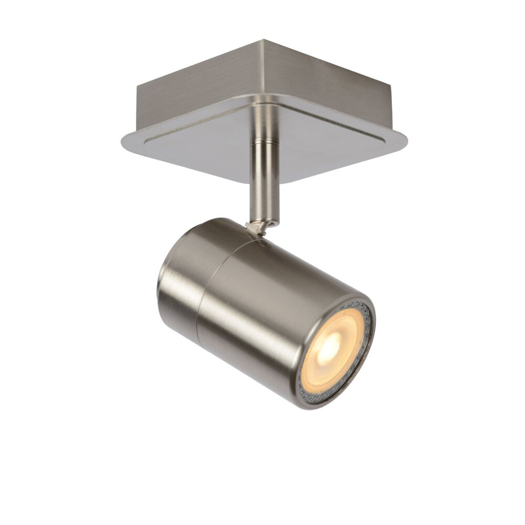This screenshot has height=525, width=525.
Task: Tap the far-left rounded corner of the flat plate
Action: coord(124,141)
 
